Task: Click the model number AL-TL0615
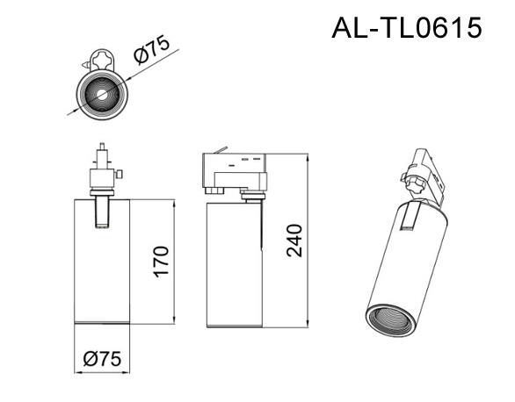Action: click(x=407, y=28)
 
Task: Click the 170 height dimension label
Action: click(x=162, y=262)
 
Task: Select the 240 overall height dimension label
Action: click(x=294, y=240)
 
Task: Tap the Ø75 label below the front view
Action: click(x=102, y=358)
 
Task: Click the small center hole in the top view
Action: click(x=102, y=95)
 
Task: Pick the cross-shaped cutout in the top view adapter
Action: click(x=102, y=59)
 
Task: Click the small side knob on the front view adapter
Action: click(x=120, y=174)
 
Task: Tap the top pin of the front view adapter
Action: click(x=102, y=147)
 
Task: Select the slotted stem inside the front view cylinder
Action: click(x=102, y=212)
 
